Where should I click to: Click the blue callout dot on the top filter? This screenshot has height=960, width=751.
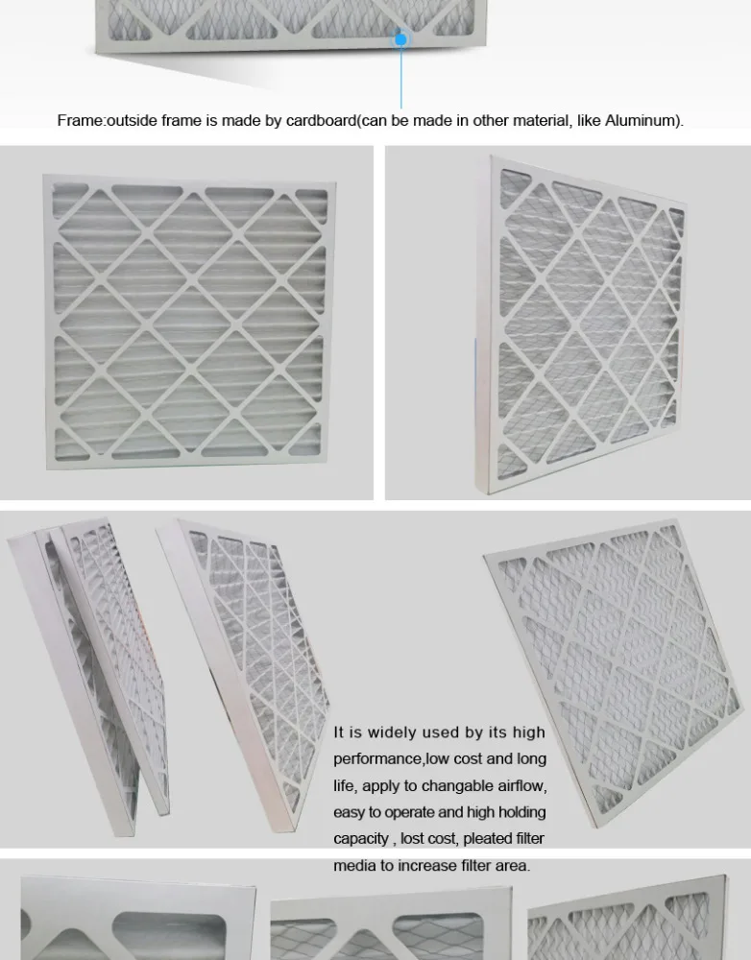point(400,39)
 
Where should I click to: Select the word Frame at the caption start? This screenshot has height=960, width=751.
point(79,121)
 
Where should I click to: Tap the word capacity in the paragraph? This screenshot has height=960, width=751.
point(361,839)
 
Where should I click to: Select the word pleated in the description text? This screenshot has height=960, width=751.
point(488,839)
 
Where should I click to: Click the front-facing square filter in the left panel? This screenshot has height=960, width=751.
point(188,323)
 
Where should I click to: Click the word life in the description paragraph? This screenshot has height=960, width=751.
point(344,786)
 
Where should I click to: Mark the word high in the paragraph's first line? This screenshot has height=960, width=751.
point(528,732)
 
